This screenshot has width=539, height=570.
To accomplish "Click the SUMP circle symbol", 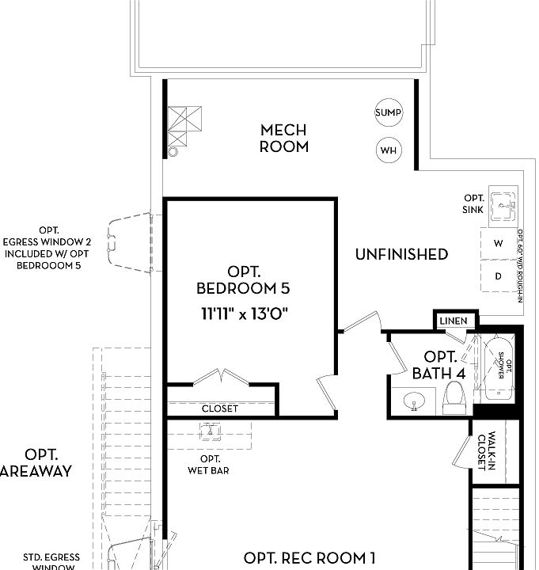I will tap(388, 112).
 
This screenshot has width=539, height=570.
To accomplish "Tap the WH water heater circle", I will tap(388, 150).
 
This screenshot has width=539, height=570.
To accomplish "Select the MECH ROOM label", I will tap(284, 138).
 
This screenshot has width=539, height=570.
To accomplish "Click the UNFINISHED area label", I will tap(401, 254).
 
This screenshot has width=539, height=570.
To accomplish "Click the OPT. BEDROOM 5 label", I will tap(243, 279).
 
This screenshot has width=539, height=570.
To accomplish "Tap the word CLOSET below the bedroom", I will tap(219, 408).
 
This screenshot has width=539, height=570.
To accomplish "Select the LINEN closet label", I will tap(454, 321).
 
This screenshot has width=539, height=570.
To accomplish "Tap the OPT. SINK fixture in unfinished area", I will tap(501, 207).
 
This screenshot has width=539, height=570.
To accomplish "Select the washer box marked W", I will tap(498, 244).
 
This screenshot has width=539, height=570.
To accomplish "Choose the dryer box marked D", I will tap(498, 276).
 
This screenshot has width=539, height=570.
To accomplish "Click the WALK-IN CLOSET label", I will tap(486, 451).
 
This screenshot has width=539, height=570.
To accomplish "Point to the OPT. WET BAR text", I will tap(210, 465).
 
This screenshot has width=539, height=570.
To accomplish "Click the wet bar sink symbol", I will tap(211, 433).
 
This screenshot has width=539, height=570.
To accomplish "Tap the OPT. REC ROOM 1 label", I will tap(309, 558).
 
